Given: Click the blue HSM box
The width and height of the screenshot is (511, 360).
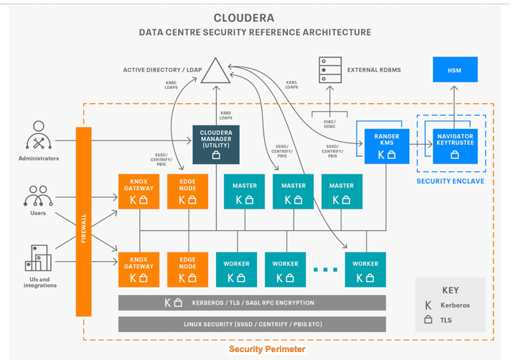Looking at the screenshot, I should point(454,70).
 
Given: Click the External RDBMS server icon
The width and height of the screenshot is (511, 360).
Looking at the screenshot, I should point(329,70).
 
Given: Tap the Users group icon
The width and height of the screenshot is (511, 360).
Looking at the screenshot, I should point(38,196).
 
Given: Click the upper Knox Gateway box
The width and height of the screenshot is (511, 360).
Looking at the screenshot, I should point(139,191).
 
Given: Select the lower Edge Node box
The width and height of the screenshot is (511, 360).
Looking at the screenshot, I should point(187,270).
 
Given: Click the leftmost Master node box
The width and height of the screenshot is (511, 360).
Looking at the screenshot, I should point(244,191).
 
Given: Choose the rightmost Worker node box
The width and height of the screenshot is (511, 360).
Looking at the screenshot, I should point(365,270).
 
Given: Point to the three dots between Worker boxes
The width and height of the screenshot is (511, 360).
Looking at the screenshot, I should point(325,270).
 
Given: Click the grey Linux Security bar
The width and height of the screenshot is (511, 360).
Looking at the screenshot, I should point(251,324).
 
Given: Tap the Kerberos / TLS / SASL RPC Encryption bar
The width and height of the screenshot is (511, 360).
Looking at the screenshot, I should point(251,303).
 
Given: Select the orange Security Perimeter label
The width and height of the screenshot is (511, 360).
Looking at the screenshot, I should point(267,349).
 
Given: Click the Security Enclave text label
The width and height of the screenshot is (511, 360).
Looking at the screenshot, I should point(450,181).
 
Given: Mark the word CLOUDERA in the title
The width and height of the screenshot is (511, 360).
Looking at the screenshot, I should point(244,18).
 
